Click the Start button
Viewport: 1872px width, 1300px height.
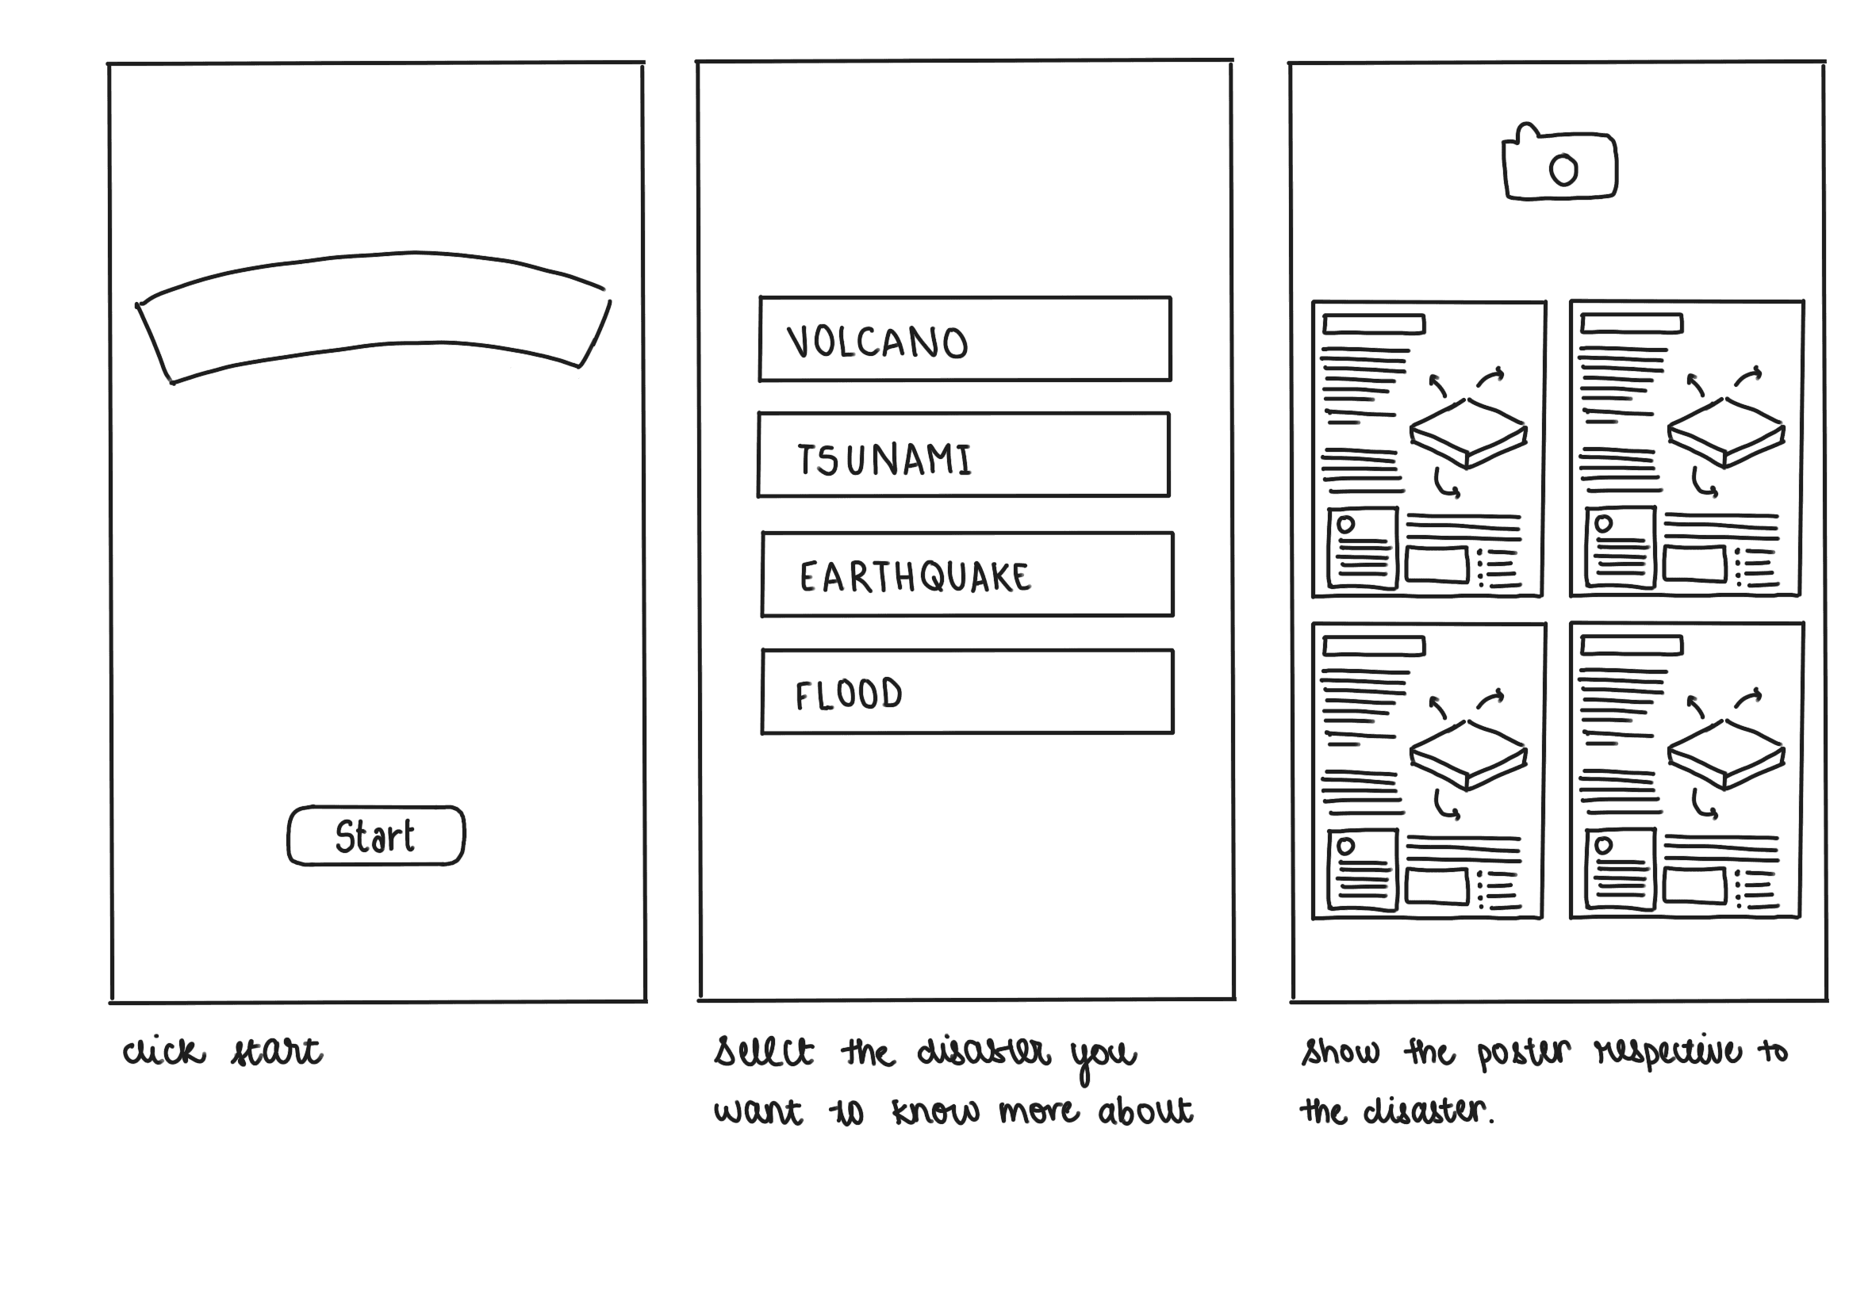(x=376, y=835)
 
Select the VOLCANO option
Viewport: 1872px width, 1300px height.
(x=964, y=339)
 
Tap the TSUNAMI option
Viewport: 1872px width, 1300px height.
(x=963, y=455)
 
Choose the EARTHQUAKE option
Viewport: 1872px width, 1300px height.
(x=967, y=575)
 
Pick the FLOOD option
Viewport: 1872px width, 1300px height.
(x=967, y=692)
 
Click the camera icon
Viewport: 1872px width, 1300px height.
(x=1559, y=166)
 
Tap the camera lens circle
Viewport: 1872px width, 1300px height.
(x=1563, y=170)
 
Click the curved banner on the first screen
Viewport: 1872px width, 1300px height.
(x=374, y=317)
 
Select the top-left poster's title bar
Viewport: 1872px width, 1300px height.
(x=1373, y=325)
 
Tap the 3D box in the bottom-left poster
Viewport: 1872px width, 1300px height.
(x=1467, y=755)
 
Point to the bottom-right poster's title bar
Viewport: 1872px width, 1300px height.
(x=1631, y=646)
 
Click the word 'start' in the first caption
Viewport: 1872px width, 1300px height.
(x=276, y=1052)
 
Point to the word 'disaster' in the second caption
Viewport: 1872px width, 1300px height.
(x=984, y=1052)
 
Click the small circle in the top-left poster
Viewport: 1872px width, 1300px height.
(x=1345, y=525)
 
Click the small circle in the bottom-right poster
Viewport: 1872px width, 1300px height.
(x=1603, y=846)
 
